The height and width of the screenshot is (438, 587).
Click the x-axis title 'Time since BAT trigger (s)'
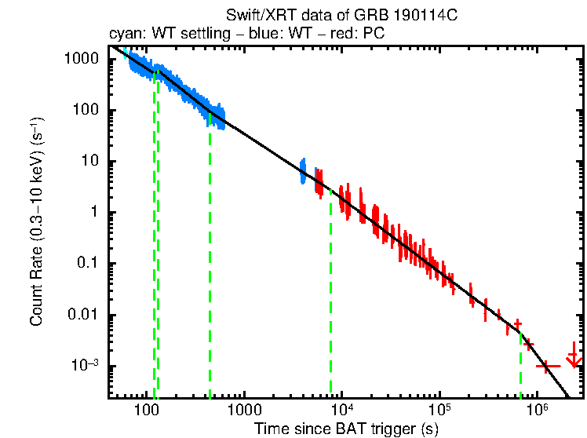(346, 429)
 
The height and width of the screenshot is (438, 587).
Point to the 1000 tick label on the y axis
(82, 59)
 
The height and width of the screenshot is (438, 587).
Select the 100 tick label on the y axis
(86, 110)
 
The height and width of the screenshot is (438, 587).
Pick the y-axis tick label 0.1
(88, 265)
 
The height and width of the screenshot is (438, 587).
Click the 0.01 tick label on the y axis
(83, 316)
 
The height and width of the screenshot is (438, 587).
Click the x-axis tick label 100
(147, 411)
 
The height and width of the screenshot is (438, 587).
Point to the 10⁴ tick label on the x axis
(342, 410)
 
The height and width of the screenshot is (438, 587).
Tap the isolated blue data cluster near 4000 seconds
(303, 170)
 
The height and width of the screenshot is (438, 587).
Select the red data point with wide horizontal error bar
(547, 366)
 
